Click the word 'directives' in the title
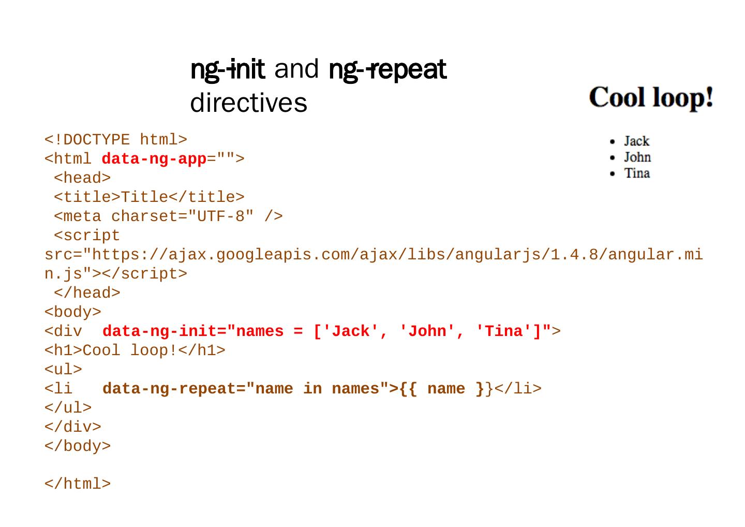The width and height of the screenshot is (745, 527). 248,103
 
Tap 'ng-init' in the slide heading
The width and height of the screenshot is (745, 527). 228,69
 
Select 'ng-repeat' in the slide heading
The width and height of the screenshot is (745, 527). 387,69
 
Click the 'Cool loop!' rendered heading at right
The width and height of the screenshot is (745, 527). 651,97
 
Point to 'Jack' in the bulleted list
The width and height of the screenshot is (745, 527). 636,141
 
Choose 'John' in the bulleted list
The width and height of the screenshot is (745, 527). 637,157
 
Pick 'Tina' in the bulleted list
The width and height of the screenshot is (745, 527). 637,173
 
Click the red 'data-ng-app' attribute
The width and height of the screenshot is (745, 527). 154,159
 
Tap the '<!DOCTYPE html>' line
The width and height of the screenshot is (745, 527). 116,140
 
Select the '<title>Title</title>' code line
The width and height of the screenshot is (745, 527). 149,197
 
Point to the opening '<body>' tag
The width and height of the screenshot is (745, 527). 73,312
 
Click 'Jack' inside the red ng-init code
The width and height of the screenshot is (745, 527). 350,331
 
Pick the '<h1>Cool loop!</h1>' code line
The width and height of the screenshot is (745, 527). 135,350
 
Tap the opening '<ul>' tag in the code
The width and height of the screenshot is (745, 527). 64,370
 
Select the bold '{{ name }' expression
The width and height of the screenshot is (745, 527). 442,389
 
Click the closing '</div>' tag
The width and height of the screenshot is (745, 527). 73,427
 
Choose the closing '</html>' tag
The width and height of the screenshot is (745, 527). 78,484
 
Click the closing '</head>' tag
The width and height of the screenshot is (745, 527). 87,293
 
